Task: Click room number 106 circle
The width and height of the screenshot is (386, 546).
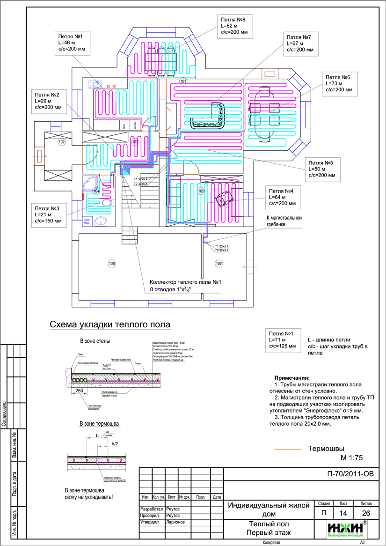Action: (x=111, y=264)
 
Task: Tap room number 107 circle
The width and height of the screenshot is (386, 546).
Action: (x=219, y=264)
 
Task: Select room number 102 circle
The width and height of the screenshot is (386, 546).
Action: (x=61, y=141)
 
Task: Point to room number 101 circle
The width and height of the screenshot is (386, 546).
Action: (x=183, y=82)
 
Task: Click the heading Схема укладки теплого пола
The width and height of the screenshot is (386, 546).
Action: (x=109, y=325)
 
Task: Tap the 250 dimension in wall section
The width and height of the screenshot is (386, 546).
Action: (x=79, y=391)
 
